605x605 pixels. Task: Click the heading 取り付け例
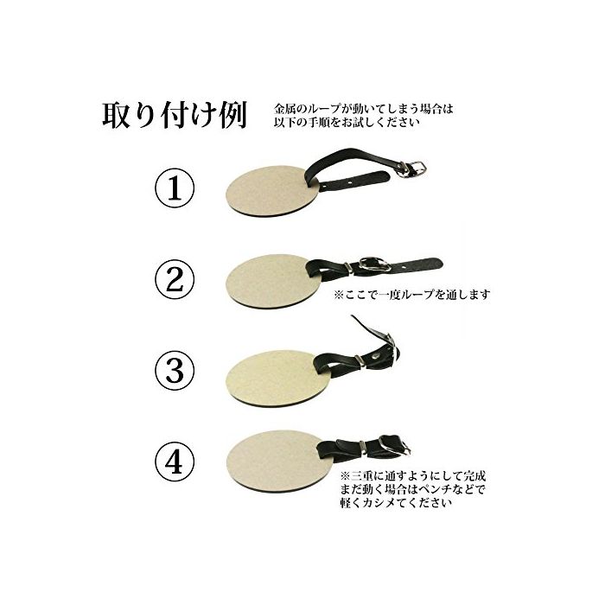coord(175,115)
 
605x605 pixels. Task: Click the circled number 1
coord(174,188)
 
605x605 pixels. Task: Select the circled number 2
coord(174,279)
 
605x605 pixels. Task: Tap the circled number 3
coord(174,370)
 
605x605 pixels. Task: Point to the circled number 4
coord(174,461)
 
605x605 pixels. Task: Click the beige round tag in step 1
coord(272,191)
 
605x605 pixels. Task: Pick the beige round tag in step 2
coord(273,281)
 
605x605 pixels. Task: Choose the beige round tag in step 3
coord(277,379)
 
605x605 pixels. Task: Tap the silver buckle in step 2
coord(374,264)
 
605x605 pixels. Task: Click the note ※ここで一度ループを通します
coord(412,295)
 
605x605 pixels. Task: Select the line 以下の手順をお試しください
coord(347,122)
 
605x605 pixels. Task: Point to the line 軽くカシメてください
coord(396,503)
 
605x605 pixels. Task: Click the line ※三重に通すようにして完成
coord(412,475)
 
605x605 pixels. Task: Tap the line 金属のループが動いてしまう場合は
coord(364,108)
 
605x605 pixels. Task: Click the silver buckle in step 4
coord(393,446)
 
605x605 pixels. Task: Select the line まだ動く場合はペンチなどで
coord(412,489)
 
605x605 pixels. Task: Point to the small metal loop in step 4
coord(363,446)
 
